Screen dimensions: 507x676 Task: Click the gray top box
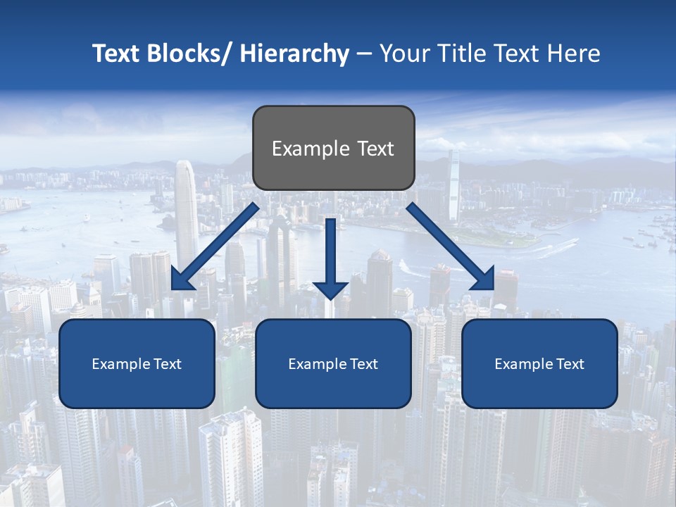tap(333, 148)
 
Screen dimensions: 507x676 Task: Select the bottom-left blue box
tap(137, 363)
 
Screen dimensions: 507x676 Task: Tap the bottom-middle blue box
tap(333, 363)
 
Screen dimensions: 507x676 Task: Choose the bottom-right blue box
tap(539, 363)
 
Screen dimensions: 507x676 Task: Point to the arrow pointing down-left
tap(215, 246)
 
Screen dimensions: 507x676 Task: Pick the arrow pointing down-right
tap(451, 246)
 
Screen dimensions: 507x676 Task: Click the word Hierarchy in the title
tap(294, 54)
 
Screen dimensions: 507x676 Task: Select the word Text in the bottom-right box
tap(570, 364)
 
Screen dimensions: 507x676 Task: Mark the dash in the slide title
tap(364, 54)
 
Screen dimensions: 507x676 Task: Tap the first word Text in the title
tap(118, 54)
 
